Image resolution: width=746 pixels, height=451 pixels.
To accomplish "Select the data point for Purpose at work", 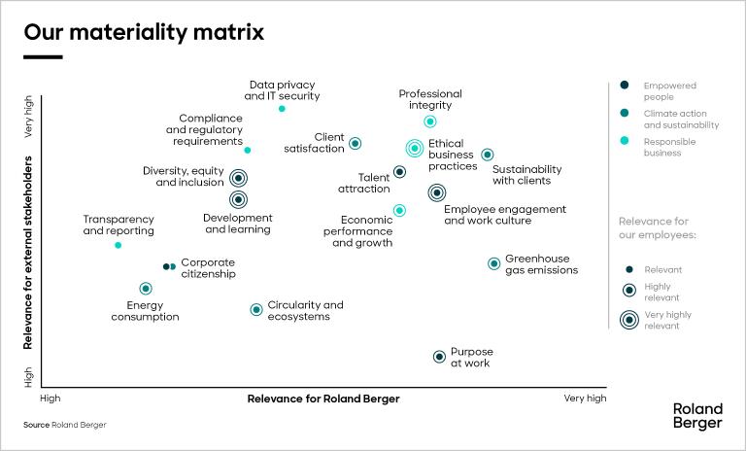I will (x=439, y=357).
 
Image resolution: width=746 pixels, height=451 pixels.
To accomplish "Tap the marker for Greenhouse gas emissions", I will (x=493, y=263).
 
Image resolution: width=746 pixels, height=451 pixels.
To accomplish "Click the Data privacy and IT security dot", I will (x=282, y=109).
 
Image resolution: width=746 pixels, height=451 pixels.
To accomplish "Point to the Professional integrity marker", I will (x=430, y=121).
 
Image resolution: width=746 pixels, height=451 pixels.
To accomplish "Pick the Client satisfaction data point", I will (x=356, y=143).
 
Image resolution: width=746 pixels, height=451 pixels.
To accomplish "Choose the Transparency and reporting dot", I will (x=118, y=245).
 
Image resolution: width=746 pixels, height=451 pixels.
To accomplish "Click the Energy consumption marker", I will (x=146, y=289).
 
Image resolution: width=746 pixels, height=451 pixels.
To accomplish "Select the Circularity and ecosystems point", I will (x=256, y=310).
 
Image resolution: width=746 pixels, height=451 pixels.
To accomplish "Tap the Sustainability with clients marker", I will (x=488, y=155).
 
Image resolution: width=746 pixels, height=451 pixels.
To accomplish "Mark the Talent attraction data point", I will (x=399, y=172).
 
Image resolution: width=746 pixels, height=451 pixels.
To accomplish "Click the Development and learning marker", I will (x=238, y=200).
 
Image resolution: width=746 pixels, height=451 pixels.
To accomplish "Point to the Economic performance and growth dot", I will (x=399, y=210).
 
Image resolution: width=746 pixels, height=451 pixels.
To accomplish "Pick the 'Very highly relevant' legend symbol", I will (x=628, y=320).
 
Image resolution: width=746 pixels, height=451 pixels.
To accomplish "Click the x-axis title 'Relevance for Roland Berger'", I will (x=323, y=399).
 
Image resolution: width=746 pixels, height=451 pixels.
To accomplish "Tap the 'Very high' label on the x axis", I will (x=585, y=399).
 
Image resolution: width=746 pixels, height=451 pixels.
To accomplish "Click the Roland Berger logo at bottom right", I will (x=697, y=416).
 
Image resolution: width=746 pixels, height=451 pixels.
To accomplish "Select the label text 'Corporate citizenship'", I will (x=208, y=268).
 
